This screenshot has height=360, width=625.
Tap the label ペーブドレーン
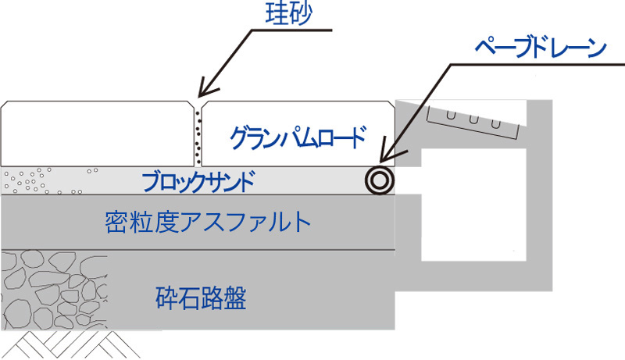coord(540,48)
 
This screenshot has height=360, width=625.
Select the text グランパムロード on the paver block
coord(297,137)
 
